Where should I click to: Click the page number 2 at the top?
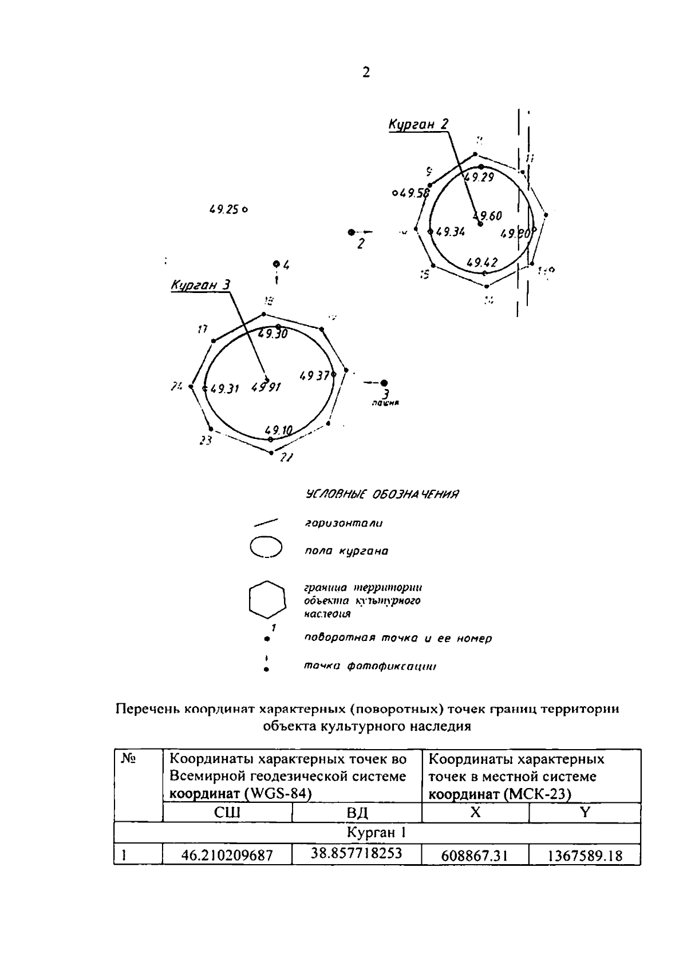[366, 73]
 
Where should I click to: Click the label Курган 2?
[418, 124]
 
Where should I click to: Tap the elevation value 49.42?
[481, 263]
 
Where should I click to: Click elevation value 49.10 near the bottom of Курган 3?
[279, 430]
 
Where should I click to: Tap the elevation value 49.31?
[224, 389]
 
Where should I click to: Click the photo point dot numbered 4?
[277, 264]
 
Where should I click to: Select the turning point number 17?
[202, 330]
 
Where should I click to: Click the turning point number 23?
[206, 441]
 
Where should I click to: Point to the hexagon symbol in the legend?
[267, 599]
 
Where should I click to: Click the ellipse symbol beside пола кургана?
[266, 547]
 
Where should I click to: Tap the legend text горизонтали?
[343, 523]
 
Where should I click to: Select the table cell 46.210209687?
[227, 856]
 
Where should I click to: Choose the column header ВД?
[357, 813]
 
